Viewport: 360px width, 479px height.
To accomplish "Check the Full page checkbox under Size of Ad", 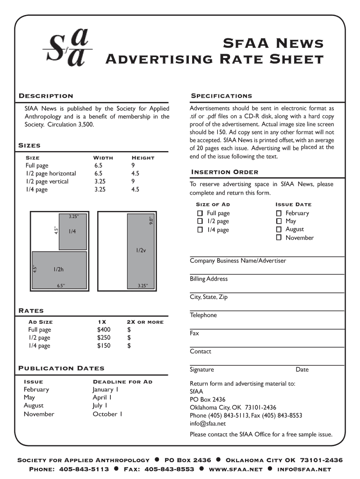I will (200, 213).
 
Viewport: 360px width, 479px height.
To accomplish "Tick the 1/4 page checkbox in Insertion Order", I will (200, 230).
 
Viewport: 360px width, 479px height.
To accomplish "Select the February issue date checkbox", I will (279, 213).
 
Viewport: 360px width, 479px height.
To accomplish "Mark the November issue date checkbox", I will (279, 238).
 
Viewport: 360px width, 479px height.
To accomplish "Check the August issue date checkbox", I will (279, 229).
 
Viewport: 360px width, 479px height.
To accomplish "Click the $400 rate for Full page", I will (104, 330).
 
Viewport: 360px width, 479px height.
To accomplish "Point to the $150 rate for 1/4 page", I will (104, 346).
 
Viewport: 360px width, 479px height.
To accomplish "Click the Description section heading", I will (45, 96).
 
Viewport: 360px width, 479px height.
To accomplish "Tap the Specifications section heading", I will (221, 96).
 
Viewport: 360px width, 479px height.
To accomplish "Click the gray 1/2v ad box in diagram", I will (140, 250).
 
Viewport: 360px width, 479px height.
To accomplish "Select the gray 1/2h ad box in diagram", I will (59, 269).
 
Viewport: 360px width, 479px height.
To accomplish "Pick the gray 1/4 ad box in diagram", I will (72, 232).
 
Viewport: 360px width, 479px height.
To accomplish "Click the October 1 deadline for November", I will (107, 414).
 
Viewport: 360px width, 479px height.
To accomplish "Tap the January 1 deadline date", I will (105, 389).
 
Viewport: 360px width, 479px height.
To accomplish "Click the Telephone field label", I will (203, 315).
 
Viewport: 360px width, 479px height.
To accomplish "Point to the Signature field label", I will (202, 370).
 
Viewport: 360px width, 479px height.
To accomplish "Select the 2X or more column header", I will (145, 322).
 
